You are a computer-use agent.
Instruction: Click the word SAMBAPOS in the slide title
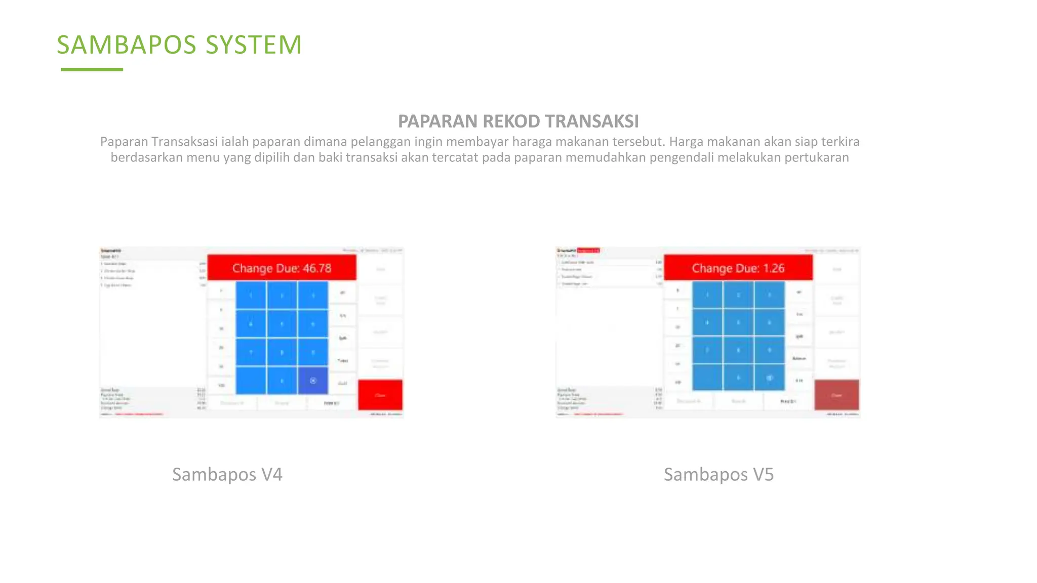pyautogui.click(x=126, y=45)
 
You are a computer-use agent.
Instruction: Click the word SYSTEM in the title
pyautogui.click(x=254, y=45)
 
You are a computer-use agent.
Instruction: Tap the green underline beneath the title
pyautogui.click(x=92, y=69)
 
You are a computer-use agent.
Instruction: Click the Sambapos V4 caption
pyautogui.click(x=227, y=475)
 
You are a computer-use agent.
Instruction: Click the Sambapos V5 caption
pyautogui.click(x=719, y=475)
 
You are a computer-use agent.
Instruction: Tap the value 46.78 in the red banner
pyautogui.click(x=317, y=268)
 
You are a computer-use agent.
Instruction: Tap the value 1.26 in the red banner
pyautogui.click(x=774, y=268)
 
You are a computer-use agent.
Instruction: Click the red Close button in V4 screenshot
pyautogui.click(x=380, y=395)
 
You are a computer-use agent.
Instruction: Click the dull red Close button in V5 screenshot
pyautogui.click(x=836, y=395)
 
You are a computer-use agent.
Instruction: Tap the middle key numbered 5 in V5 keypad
pyautogui.click(x=738, y=322)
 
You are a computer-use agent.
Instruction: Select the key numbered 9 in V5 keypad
pyautogui.click(x=769, y=350)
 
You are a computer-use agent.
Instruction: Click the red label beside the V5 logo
pyautogui.click(x=588, y=250)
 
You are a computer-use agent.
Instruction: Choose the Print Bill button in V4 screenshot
pyautogui.click(x=332, y=403)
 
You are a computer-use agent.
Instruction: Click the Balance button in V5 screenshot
pyautogui.click(x=799, y=358)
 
